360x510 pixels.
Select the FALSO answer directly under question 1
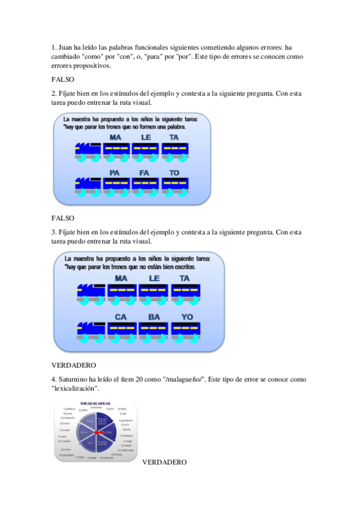pyautogui.click(x=63, y=79)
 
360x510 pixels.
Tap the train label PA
pyautogui.click(x=115, y=173)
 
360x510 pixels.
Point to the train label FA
pyautogui.click(x=144, y=173)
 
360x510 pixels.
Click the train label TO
pyautogui.click(x=174, y=173)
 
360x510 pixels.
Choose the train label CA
pyautogui.click(x=121, y=316)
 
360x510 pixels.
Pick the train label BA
pyautogui.click(x=154, y=316)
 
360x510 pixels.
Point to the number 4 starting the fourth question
pyautogui.click(x=53, y=379)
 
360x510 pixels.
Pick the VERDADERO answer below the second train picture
pyautogui.click(x=74, y=365)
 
